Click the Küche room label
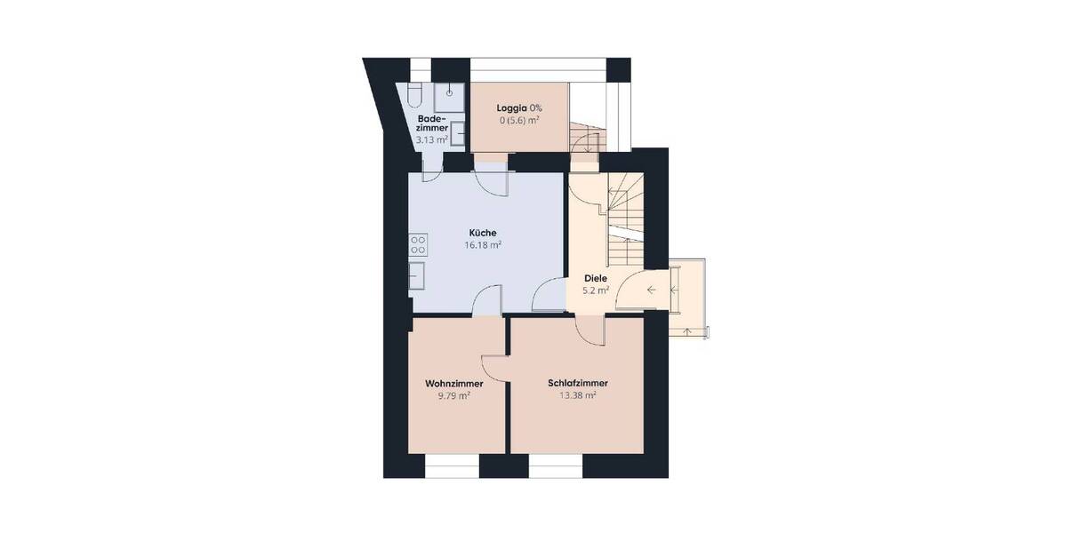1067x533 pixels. coord(483,233)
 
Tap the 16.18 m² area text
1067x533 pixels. coord(483,245)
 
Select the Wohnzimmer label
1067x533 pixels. coord(453,384)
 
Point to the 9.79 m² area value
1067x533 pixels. coord(453,396)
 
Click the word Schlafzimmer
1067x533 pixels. coord(578,384)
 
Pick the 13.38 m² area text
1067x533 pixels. coord(578,396)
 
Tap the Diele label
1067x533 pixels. coord(596,278)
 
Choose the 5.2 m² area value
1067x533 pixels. coord(596,290)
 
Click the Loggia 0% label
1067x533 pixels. coord(519,107)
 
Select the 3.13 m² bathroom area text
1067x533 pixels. coord(432,140)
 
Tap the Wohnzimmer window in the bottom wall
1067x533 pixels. coord(452,465)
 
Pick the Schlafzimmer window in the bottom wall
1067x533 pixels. coord(556,465)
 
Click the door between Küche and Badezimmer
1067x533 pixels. coord(430,171)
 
